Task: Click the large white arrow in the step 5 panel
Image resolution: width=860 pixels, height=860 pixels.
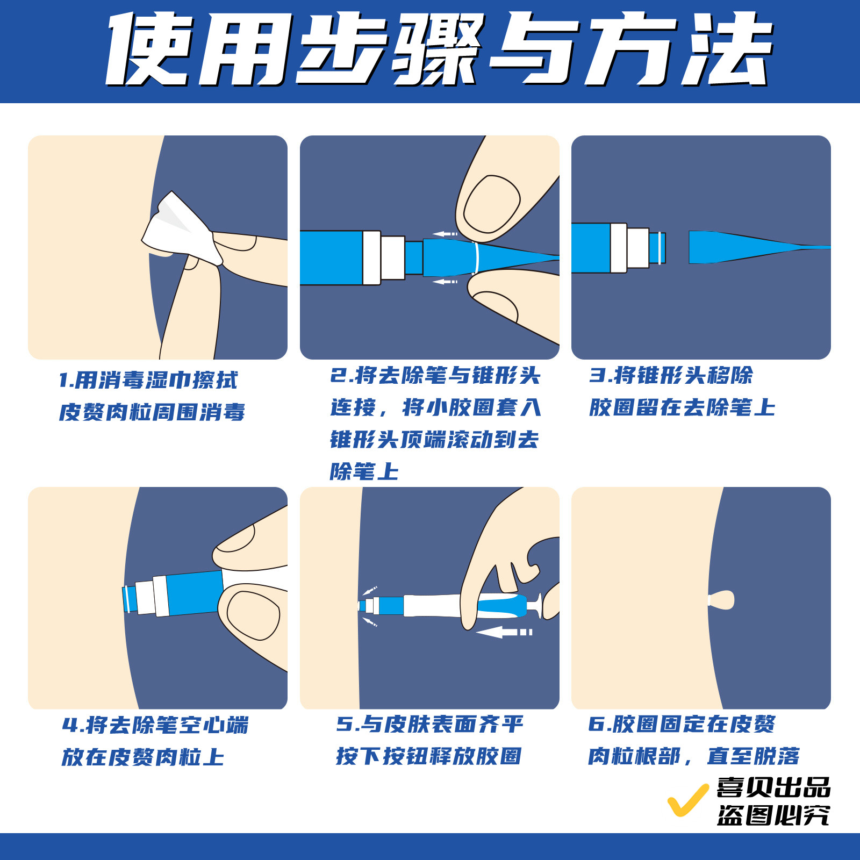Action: [503, 632]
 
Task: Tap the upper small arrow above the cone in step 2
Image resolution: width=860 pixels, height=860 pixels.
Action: [445, 234]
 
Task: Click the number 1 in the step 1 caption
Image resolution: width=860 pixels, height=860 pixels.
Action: [64, 381]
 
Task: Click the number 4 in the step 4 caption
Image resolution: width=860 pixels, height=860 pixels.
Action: [70, 725]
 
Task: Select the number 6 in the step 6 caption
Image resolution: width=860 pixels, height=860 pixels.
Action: [596, 724]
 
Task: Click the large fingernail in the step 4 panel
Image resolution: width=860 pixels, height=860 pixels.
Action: [253, 615]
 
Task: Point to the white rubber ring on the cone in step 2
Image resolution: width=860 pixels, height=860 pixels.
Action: [475, 257]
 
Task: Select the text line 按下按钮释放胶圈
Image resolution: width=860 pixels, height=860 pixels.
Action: [428, 756]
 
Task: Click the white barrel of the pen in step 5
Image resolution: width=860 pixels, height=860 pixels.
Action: [433, 606]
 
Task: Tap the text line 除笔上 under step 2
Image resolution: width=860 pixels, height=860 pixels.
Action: [364, 472]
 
